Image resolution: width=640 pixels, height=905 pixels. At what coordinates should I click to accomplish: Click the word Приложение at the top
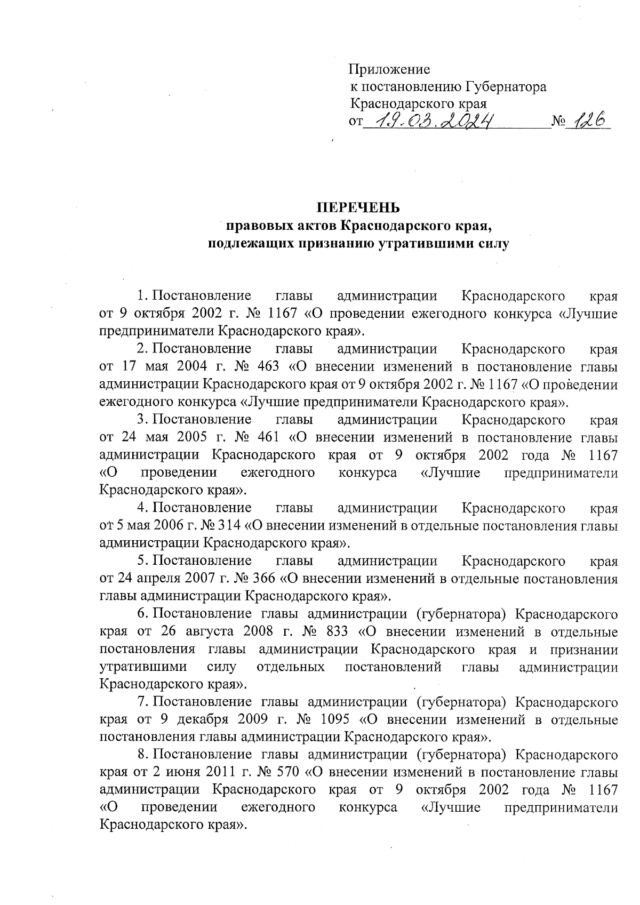point(389,70)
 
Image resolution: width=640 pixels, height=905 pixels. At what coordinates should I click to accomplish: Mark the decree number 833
point(334,632)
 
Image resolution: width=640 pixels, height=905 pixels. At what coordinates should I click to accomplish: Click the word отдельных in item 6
point(291,667)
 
